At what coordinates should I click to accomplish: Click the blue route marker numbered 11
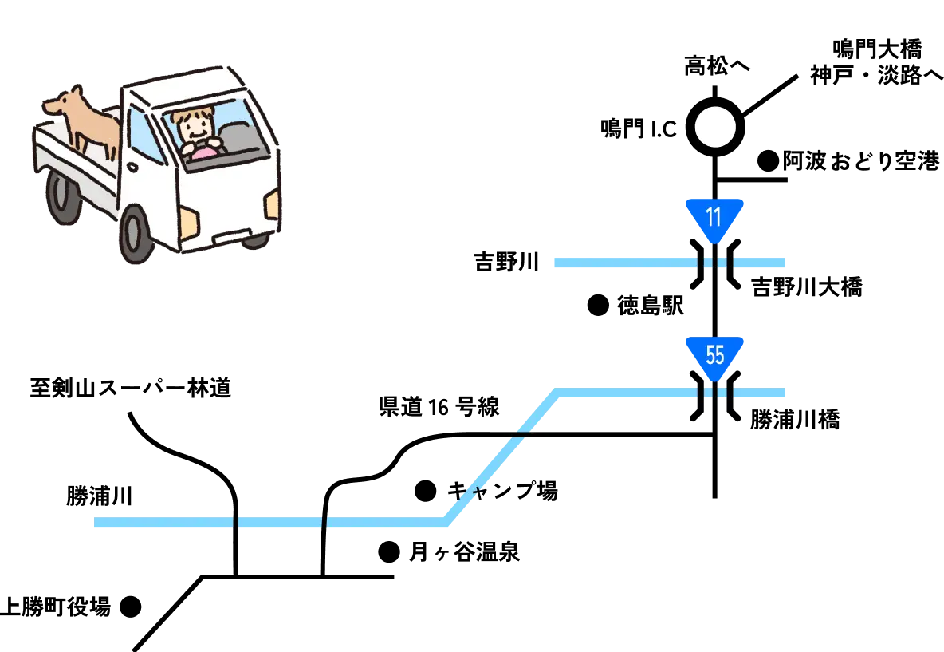tap(714, 218)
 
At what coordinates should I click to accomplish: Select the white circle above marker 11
tap(714, 127)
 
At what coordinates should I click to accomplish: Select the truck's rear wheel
tap(62, 196)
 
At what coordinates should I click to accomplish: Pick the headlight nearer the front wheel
tap(188, 223)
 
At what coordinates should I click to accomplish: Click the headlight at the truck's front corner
tap(272, 204)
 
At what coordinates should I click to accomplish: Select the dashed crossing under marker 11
tap(714, 262)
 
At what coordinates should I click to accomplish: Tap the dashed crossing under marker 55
tap(714, 393)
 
